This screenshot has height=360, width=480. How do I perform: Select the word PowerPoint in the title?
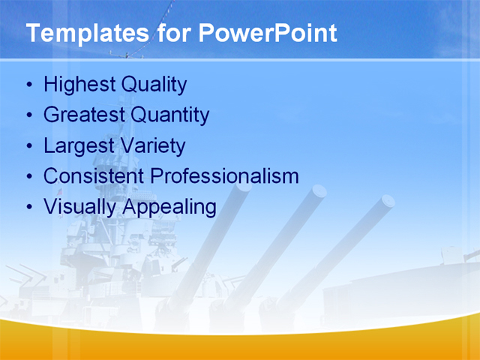pos(267,34)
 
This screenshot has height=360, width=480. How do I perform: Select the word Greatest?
pos(84,115)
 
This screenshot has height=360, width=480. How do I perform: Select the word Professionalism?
pos(224,176)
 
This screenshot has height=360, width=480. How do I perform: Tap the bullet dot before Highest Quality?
pos(29,85)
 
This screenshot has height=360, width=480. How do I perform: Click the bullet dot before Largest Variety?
pos(29,146)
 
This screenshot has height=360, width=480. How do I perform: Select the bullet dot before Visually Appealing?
pos(29,207)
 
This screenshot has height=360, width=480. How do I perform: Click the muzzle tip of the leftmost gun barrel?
pos(243,187)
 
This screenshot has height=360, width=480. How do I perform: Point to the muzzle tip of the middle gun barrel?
pos(319,191)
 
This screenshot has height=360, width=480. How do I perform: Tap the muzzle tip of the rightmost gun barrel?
pos(387,201)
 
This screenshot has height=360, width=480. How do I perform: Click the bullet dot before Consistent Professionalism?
pos(29,177)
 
